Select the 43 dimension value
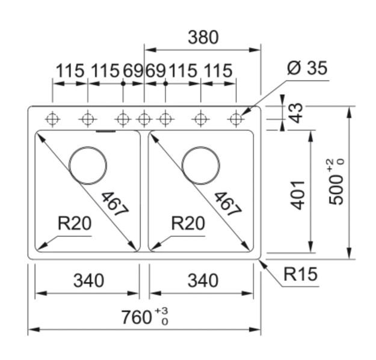pyautogui.click(x=296, y=112)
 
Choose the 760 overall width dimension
pyautogui.click(x=138, y=316)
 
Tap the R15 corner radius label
pyautogui.click(x=300, y=275)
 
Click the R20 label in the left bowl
pyautogui.click(x=75, y=224)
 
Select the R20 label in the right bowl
pyautogui.click(x=188, y=224)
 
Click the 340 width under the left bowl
pyautogui.click(x=88, y=280)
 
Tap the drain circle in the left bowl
pyautogui.click(x=88, y=165)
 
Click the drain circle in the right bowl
pyautogui.click(x=201, y=165)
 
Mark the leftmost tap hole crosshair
pyautogui.click(x=53, y=119)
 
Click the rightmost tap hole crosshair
pyautogui.click(x=236, y=119)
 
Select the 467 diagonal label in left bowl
pyautogui.click(x=114, y=204)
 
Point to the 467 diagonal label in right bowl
pyautogui.click(x=227, y=204)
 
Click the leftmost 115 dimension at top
pyautogui.click(x=70, y=71)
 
